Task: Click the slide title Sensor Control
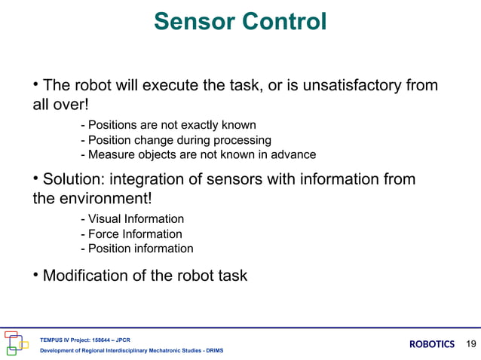240,22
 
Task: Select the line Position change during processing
175,140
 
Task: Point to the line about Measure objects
198,155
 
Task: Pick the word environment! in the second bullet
106,200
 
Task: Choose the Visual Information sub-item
132,219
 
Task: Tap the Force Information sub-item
130,234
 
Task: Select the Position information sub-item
136,249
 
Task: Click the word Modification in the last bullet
85,276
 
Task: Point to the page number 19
471,344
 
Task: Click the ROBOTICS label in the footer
432,344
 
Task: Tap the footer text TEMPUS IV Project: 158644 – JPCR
80,339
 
